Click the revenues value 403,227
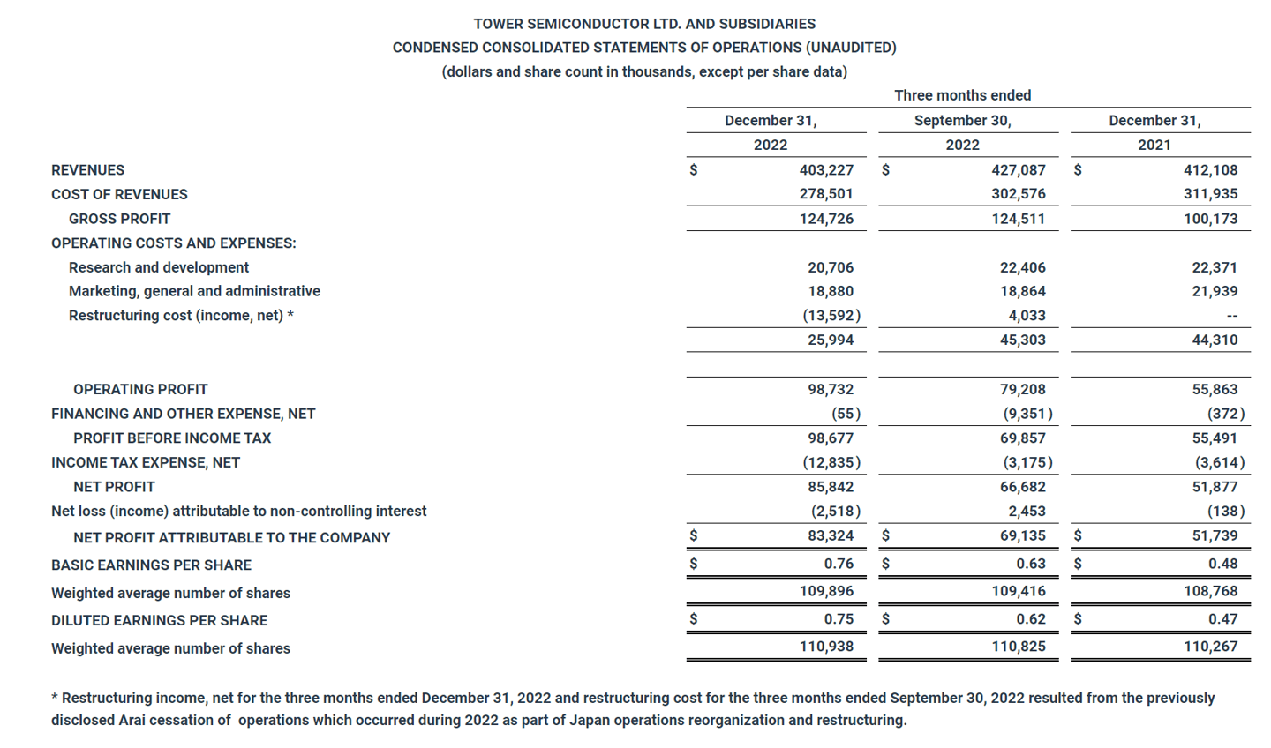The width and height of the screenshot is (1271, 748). [x=826, y=170]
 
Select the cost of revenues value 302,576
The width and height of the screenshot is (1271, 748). [x=1018, y=194]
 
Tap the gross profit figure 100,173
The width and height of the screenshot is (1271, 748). [x=1210, y=219]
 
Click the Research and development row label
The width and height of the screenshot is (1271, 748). [x=159, y=267]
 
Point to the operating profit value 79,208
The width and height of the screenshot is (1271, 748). [x=1022, y=389]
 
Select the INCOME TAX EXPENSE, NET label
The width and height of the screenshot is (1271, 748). [x=146, y=462]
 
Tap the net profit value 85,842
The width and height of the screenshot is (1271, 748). [x=830, y=487]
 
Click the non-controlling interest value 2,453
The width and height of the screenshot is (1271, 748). [x=1026, y=512]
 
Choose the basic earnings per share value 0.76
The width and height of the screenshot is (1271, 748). [x=839, y=564]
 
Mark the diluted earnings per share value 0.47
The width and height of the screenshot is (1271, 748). [x=1222, y=619]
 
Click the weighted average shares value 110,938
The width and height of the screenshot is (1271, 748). [x=826, y=647]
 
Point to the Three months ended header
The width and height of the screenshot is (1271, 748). [x=962, y=95]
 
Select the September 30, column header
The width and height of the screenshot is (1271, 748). [x=962, y=121]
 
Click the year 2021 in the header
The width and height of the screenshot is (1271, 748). [x=1154, y=145]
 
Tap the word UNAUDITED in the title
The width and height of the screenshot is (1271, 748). [x=850, y=48]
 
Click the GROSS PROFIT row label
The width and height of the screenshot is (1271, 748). [x=119, y=219]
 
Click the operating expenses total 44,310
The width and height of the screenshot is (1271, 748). [x=1215, y=340]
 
